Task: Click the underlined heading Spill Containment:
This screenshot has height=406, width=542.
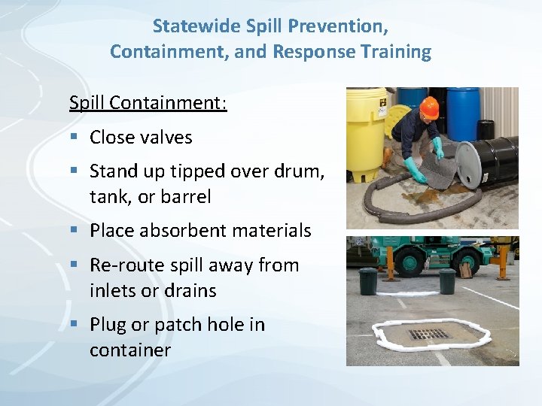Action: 148,101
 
